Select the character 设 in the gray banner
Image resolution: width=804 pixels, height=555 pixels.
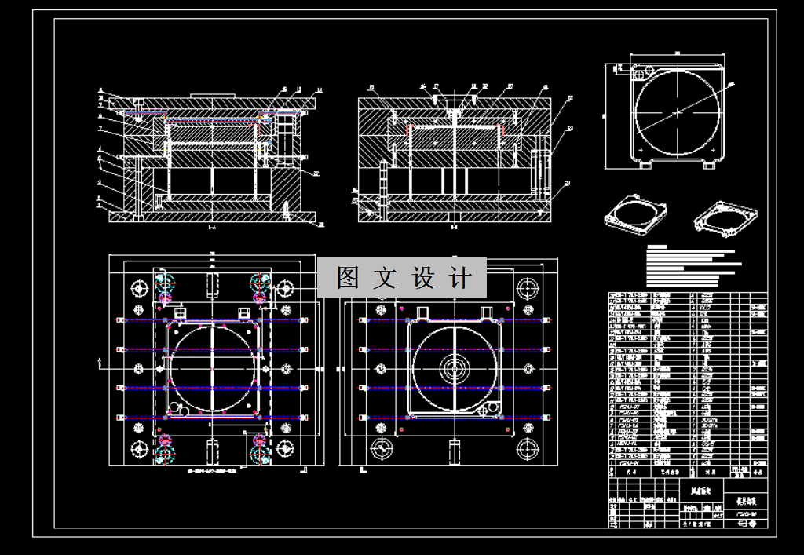[424, 278]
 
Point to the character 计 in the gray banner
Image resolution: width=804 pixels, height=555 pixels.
[462, 278]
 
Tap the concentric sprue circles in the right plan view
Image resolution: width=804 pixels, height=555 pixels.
[453, 366]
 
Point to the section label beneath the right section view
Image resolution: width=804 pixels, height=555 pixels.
[454, 227]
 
